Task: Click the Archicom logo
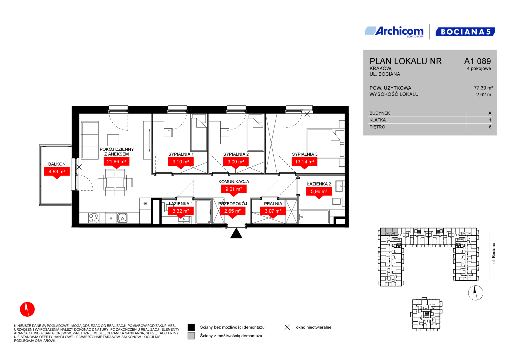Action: click(x=394, y=32)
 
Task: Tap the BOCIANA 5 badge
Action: click(x=465, y=32)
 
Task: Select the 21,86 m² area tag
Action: click(x=116, y=162)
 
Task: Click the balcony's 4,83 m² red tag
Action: click(x=57, y=172)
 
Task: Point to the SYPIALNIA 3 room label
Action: click(x=304, y=154)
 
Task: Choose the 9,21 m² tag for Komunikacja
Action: click(x=234, y=189)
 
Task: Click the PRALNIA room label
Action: click(x=273, y=204)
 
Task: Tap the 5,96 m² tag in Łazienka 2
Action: click(x=319, y=192)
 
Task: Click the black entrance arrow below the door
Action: click(x=236, y=233)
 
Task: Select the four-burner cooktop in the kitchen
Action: click(x=94, y=218)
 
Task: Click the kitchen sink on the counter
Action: click(x=122, y=218)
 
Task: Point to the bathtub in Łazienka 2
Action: click(x=314, y=217)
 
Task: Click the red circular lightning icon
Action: click(x=27, y=309)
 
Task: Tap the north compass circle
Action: click(x=476, y=293)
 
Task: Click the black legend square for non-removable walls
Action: click(x=191, y=327)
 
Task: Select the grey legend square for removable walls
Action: click(x=191, y=336)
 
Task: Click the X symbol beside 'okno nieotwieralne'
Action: click(x=287, y=327)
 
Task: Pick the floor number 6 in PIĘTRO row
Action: click(x=490, y=127)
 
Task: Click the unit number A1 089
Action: click(x=477, y=61)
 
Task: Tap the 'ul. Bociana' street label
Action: click(x=494, y=253)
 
